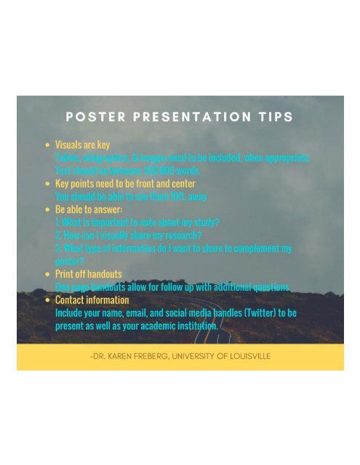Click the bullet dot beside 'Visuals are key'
pyautogui.click(x=47, y=145)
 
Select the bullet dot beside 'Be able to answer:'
pyautogui.click(x=47, y=209)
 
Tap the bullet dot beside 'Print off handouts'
pyautogui.click(x=47, y=274)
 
